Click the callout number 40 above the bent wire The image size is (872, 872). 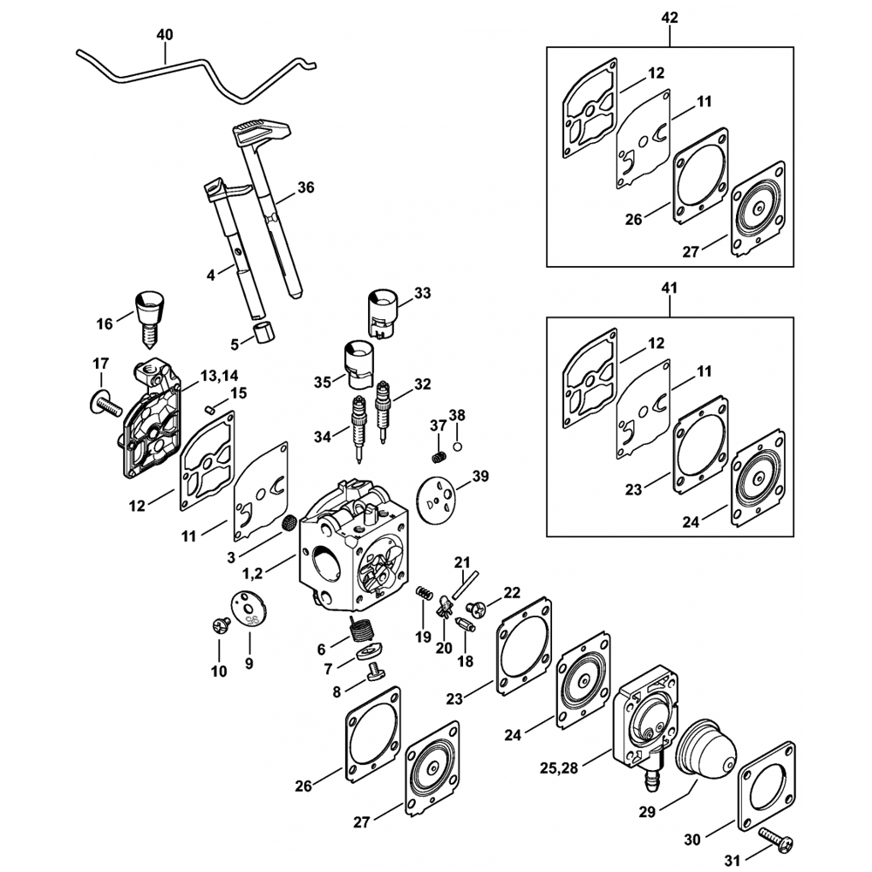[164, 35]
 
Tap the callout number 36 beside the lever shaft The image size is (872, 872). [305, 187]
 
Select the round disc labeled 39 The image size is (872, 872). [437, 499]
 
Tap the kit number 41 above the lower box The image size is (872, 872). [671, 287]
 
